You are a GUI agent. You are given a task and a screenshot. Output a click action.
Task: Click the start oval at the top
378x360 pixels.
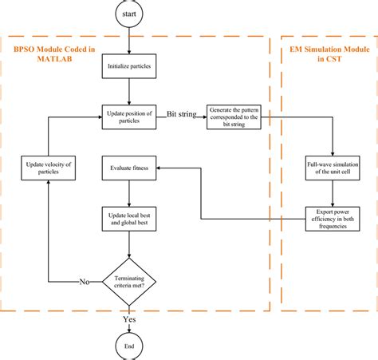click(x=128, y=14)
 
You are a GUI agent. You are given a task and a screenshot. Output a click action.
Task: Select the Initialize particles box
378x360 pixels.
click(x=128, y=66)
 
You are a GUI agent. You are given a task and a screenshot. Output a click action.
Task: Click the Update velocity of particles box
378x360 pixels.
click(x=49, y=168)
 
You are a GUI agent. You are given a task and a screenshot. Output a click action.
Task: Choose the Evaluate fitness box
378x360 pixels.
click(x=128, y=168)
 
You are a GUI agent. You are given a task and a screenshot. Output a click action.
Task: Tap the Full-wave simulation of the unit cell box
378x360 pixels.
click(x=329, y=168)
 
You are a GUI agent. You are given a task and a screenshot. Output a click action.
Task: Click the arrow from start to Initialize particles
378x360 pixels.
click(x=128, y=40)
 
